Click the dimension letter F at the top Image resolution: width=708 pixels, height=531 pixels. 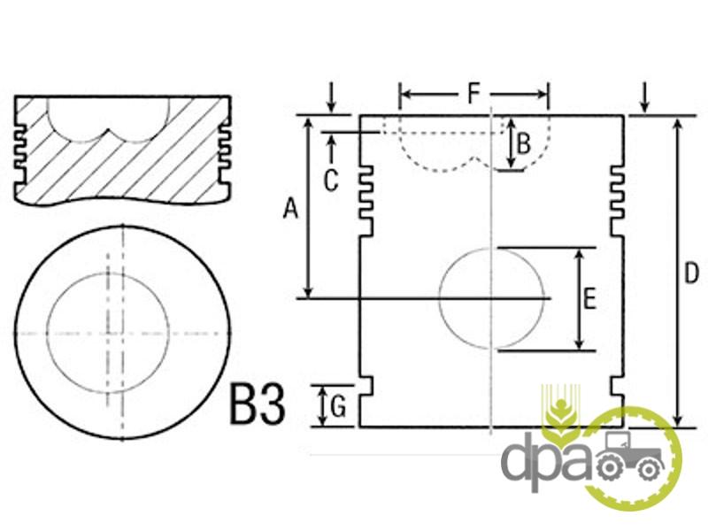[473, 94]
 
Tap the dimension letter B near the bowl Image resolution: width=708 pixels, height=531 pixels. [523, 144]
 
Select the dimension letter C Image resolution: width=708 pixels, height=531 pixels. [331, 181]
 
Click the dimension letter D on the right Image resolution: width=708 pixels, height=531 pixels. [691, 273]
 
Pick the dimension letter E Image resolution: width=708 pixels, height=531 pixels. [589, 299]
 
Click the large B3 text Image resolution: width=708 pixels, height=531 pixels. [258, 404]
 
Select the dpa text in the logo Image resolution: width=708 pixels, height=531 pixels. [546, 460]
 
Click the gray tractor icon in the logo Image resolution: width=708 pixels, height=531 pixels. [630, 456]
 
